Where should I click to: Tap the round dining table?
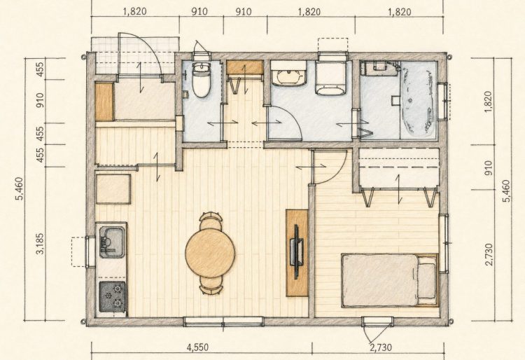[x=210, y=253]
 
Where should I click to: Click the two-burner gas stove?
[x=113, y=297]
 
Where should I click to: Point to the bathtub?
[x=419, y=99]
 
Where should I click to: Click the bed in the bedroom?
[x=390, y=281]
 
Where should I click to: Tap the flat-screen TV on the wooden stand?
[x=297, y=252]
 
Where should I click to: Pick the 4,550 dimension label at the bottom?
[x=197, y=347]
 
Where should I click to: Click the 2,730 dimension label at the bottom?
[x=381, y=347]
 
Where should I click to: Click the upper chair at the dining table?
[x=210, y=221]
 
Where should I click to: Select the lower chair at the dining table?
[x=211, y=286]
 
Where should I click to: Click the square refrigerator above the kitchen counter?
[x=113, y=189]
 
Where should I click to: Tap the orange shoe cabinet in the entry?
[x=104, y=102]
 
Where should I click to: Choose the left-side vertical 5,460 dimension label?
[x=20, y=188]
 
